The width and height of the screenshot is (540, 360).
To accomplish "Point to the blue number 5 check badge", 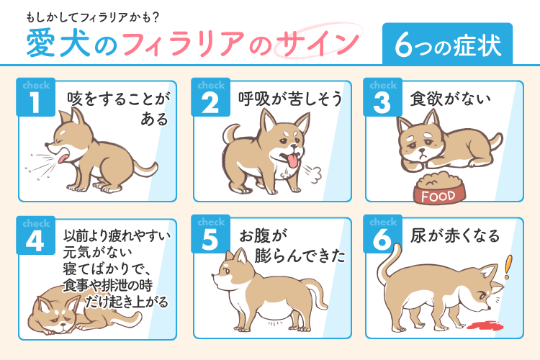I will tap(210, 235).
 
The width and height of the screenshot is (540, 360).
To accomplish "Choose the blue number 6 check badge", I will tap(384, 235).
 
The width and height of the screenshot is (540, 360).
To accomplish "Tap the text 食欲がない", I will tap(449, 98).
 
